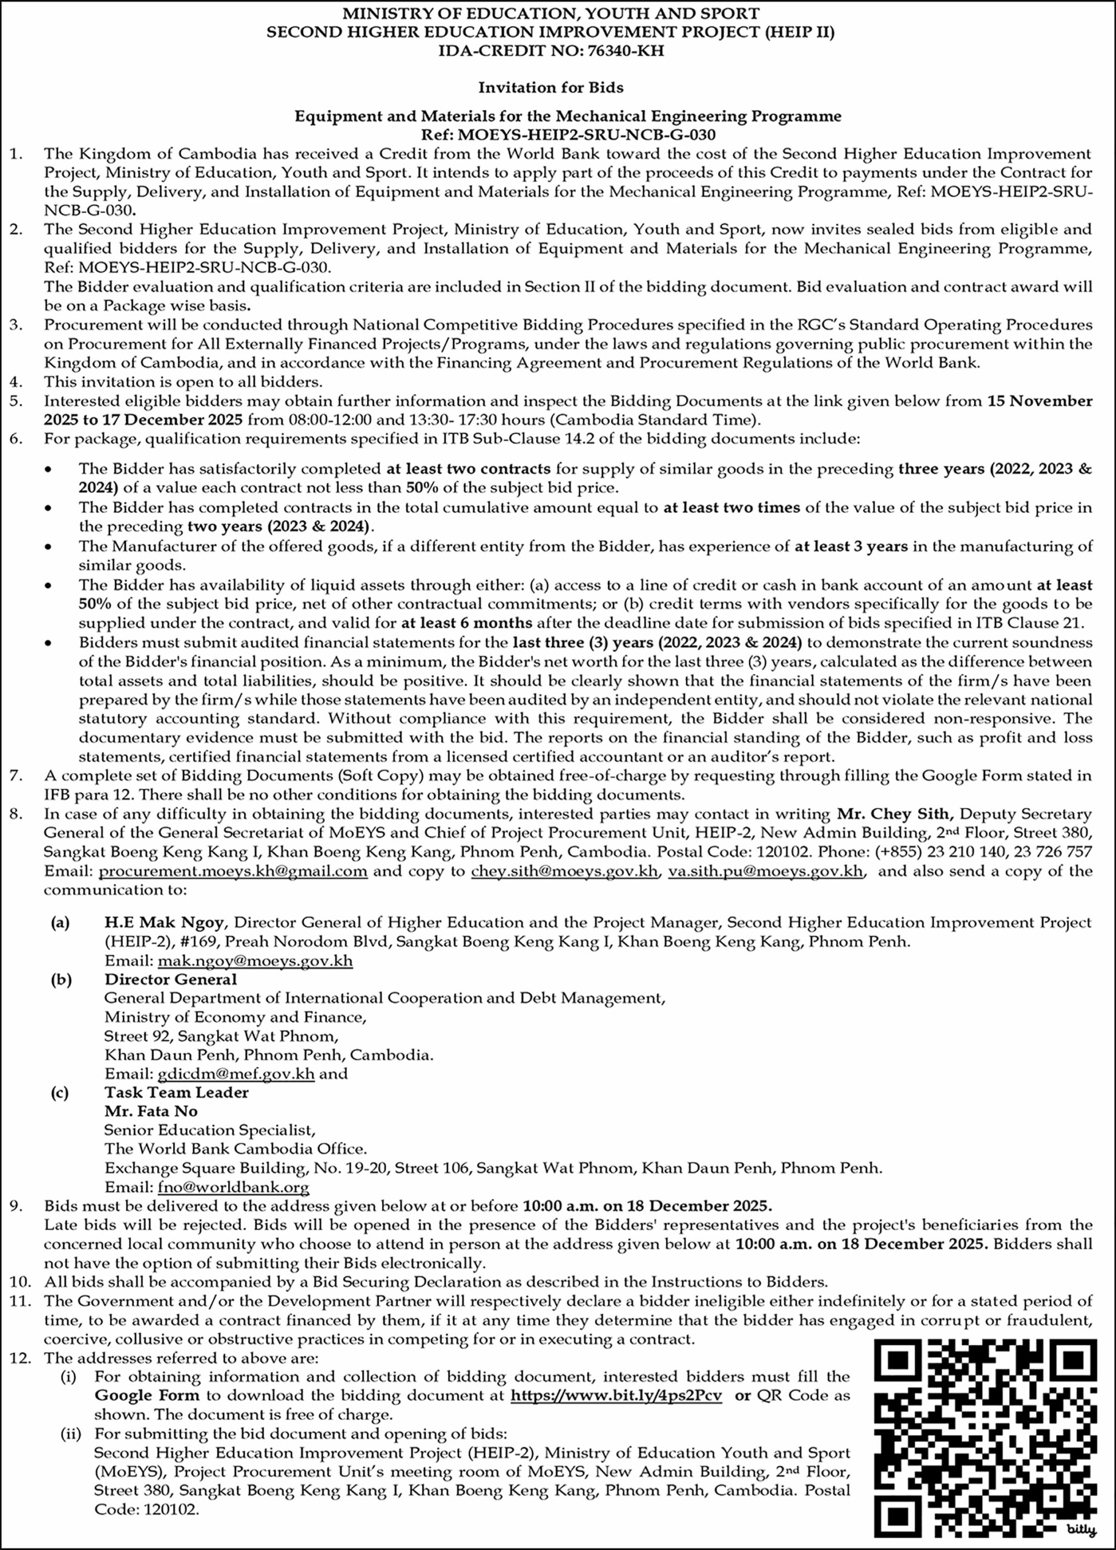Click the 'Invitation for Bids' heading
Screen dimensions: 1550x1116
[x=550, y=87]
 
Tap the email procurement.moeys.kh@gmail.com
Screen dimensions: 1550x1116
[x=233, y=871]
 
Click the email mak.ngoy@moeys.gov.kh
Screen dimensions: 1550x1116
[x=256, y=961]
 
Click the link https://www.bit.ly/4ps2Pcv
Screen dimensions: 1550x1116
[x=616, y=1396]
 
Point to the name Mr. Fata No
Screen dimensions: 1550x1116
[x=151, y=1111]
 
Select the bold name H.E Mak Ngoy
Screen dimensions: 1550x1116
[x=163, y=923]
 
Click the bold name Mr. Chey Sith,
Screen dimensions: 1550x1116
[x=894, y=814]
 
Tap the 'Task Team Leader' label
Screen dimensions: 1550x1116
[x=176, y=1092]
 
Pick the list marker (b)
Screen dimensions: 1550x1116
[x=61, y=979]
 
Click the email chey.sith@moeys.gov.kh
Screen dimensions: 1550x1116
[x=564, y=871]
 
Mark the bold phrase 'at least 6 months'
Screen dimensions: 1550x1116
[x=466, y=623]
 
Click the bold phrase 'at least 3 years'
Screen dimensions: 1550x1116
[x=851, y=547]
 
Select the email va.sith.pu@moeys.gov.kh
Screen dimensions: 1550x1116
[x=765, y=871]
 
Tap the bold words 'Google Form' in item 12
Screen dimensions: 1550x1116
[x=147, y=1396]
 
